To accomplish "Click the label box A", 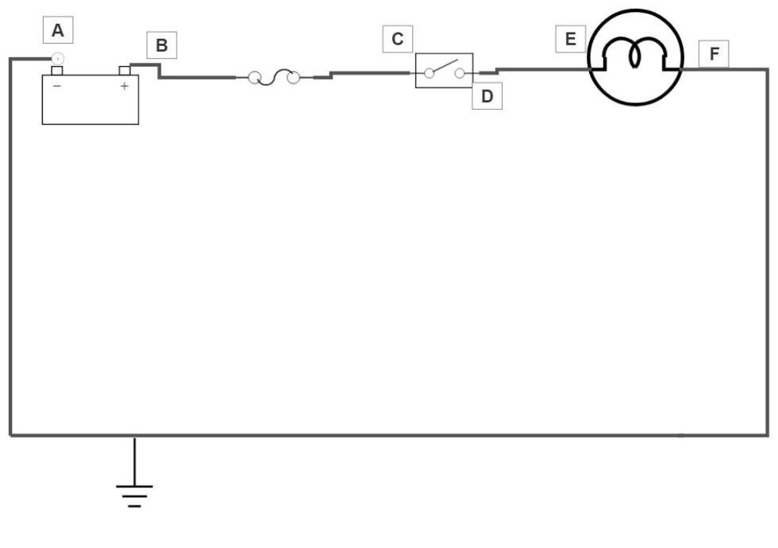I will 57,32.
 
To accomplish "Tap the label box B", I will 162,45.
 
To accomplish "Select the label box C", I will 398,39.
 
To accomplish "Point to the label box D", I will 487,96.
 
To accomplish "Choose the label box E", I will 570,39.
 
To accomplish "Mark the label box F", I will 714,54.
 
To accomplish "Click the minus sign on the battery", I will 56,86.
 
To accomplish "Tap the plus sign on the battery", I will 124,86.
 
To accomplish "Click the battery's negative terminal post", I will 56,71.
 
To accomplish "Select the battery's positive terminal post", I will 124,71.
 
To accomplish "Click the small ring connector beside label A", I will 57,58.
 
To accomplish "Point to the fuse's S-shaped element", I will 274,77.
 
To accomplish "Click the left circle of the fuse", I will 255,77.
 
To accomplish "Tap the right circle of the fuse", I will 293,78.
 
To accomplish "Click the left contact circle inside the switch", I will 429,73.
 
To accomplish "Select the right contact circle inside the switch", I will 460,73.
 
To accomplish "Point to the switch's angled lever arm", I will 445,66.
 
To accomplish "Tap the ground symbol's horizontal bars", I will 133,494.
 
